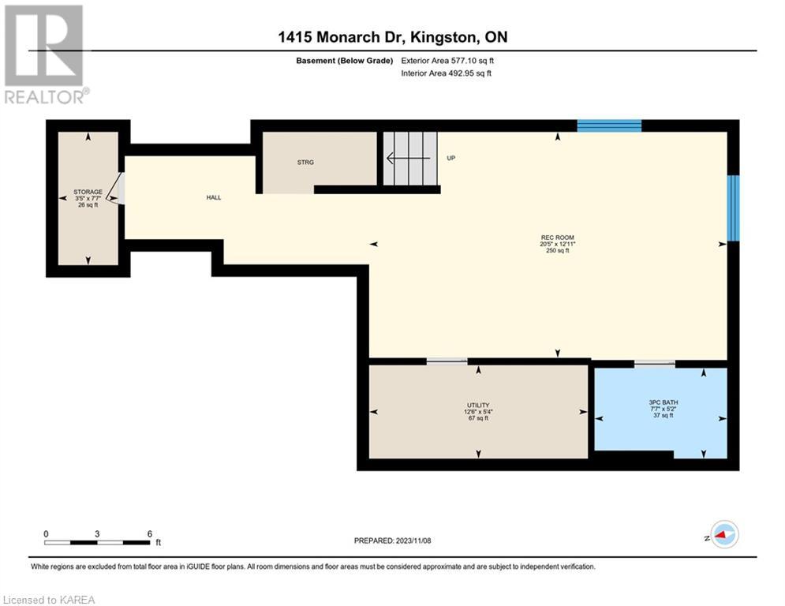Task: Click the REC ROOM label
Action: point(557,238)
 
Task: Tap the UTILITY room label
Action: point(478,405)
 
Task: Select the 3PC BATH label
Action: point(664,402)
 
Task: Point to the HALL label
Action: point(214,197)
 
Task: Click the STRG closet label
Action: point(305,163)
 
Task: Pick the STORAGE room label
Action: point(88,192)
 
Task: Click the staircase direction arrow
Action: point(409,159)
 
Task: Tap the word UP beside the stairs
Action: point(451,159)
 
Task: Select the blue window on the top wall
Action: point(609,125)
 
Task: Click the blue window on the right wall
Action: point(733,208)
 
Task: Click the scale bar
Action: point(97,542)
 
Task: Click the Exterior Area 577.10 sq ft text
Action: point(447,61)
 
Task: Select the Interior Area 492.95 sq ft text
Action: point(446,73)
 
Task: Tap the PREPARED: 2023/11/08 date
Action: point(393,541)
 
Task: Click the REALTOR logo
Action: point(45,54)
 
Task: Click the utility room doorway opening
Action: point(447,361)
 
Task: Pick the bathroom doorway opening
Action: point(655,363)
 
